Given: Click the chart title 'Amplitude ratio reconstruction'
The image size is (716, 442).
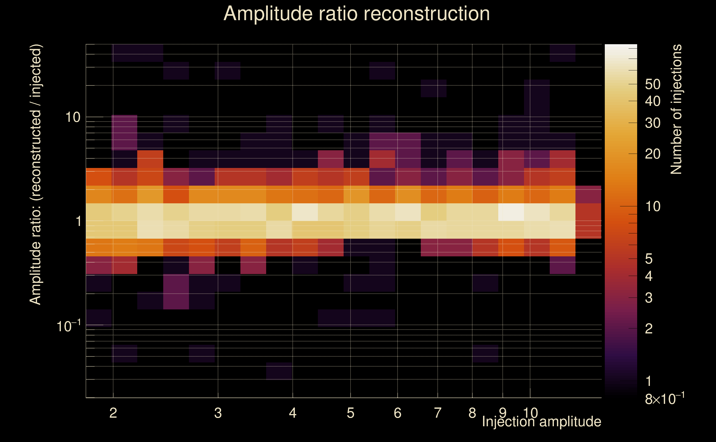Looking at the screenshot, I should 357,14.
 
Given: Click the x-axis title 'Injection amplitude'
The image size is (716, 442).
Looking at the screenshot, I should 541,422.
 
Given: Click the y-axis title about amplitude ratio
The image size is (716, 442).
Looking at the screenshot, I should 36,175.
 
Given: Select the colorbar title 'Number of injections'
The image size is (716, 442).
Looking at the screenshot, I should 676,109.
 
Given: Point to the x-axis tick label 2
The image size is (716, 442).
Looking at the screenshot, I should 113,413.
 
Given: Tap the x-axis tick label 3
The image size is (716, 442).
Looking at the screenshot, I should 218,413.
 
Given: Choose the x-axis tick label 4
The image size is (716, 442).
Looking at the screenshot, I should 293,413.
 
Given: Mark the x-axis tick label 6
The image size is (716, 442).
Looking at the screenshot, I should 398,413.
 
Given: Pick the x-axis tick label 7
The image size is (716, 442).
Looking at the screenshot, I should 438,413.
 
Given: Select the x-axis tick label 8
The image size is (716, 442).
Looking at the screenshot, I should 472,413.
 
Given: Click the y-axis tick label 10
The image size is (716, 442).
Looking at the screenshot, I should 72,117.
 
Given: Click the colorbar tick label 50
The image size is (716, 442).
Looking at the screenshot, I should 653,85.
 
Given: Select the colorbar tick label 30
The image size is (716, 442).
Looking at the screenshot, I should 653,123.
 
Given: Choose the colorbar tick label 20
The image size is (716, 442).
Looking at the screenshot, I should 653,154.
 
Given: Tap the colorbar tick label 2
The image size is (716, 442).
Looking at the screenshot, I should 649,329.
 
